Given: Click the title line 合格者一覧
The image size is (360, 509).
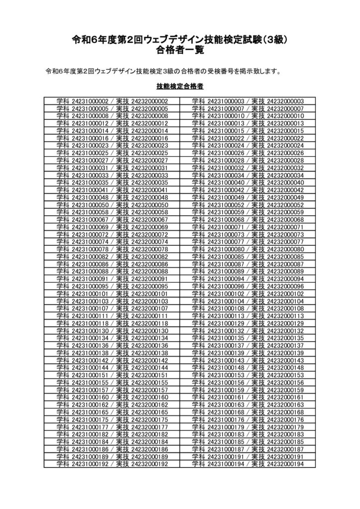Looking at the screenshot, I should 180,50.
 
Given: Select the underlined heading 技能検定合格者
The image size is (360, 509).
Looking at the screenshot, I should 180,86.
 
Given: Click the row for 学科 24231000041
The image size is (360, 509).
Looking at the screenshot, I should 112,190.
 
